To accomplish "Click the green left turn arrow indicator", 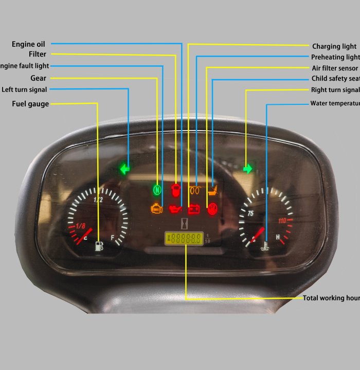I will coord(124,169).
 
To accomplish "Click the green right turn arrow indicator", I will coord(248,169).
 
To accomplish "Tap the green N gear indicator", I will coord(157,190).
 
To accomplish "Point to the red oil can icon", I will coord(175,209).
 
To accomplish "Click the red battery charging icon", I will coord(194,209).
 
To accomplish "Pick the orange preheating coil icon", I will coord(195,190).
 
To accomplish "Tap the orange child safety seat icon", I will coord(212,191).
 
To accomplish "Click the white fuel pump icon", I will coord(99,246).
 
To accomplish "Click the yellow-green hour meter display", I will coord(184,238).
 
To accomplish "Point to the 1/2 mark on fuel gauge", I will coord(98,200).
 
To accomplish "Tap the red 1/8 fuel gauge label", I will coord(80,226).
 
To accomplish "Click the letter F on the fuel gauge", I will coord(113,238).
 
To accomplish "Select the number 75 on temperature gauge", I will coord(250,213).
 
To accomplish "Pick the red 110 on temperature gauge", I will coord(282,220).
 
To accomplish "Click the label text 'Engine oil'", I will coord(28,44).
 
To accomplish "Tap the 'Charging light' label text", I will coord(334,46).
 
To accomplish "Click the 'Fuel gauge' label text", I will coord(30,104).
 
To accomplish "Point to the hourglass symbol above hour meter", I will coord(184,225).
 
